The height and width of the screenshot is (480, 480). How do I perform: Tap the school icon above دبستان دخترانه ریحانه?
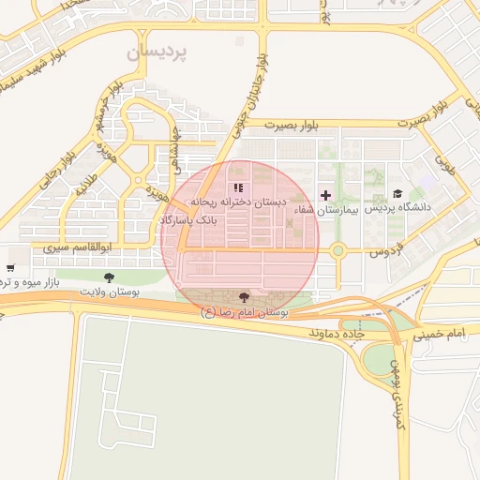pyautogui.click(x=237, y=188)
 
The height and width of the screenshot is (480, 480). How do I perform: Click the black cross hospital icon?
pyautogui.click(x=325, y=196)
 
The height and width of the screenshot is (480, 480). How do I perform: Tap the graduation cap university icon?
pyautogui.click(x=397, y=193)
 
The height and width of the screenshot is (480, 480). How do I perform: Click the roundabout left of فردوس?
pyautogui.click(x=338, y=250)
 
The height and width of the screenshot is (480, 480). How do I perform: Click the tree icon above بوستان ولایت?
pyautogui.click(x=109, y=277)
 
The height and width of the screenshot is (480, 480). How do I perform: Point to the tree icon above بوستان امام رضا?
pyautogui.click(x=245, y=296)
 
